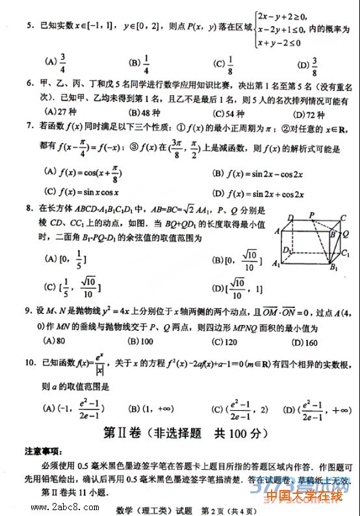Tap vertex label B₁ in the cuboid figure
click(334, 266)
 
